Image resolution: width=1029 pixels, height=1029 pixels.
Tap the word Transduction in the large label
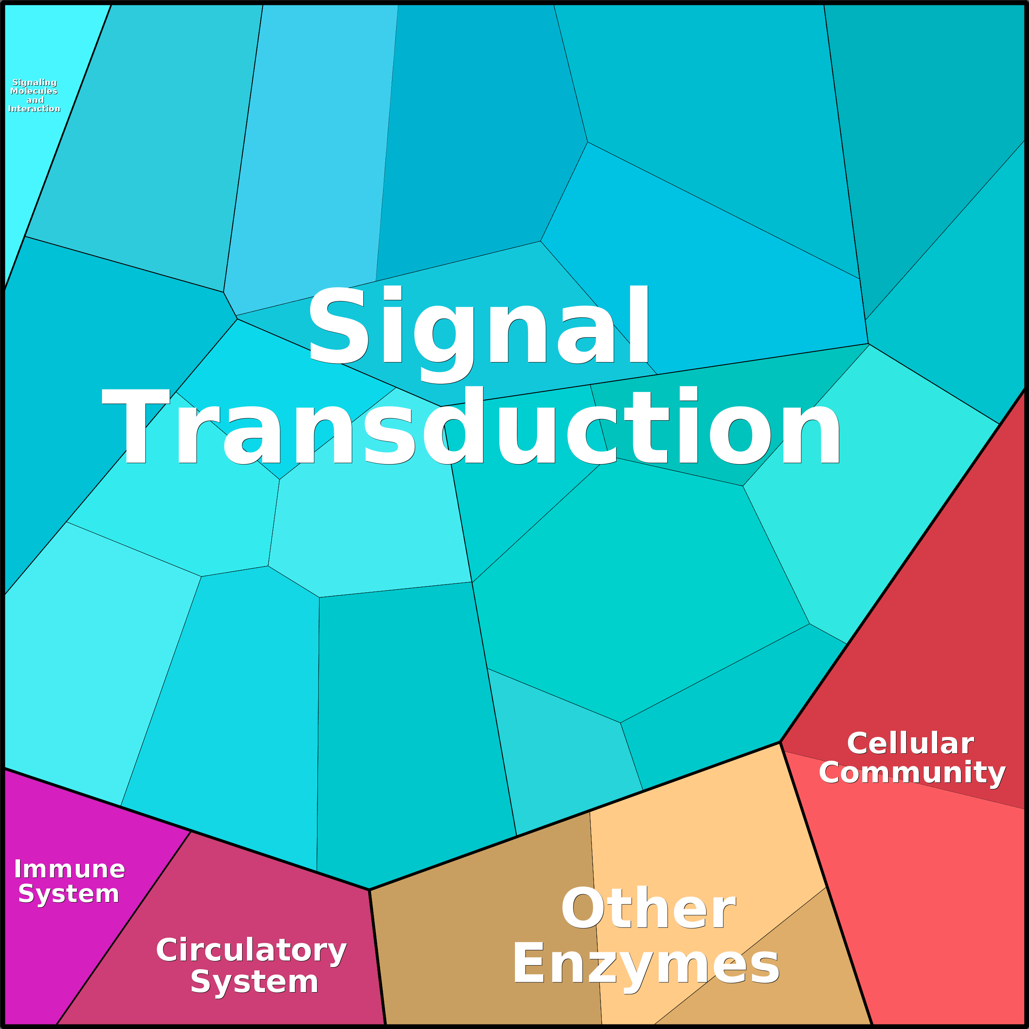[x=471, y=426]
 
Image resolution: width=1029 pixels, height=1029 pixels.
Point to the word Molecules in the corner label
[x=34, y=91]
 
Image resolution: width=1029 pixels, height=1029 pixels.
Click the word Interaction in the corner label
[x=34, y=109]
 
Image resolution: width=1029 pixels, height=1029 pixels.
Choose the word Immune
[x=70, y=869]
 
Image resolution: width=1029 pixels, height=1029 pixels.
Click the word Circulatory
[x=252, y=951]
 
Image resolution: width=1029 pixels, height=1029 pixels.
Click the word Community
[x=912, y=773]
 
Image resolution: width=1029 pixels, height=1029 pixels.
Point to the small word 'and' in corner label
[x=35, y=100]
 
